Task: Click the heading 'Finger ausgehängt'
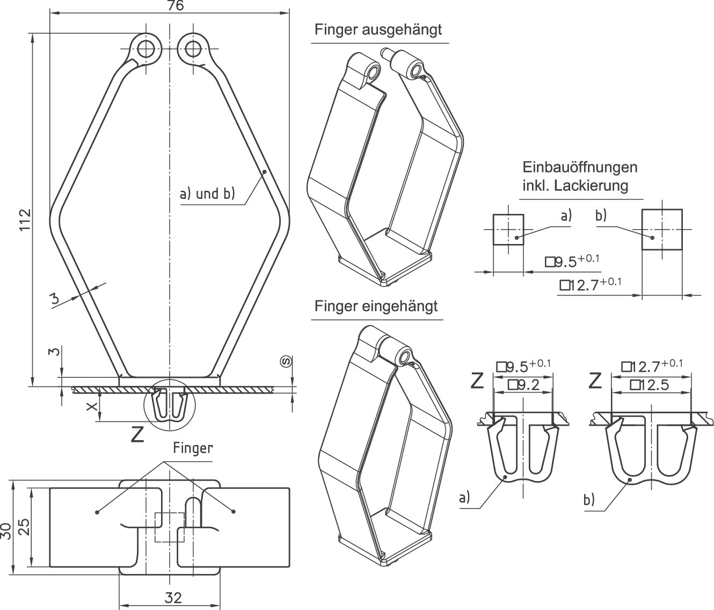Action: point(378,29)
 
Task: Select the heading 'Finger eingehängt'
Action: point(376,306)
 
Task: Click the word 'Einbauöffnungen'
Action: point(580,167)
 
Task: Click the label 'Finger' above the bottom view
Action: point(193,448)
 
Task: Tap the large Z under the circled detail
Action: point(138,434)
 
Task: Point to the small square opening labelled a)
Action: point(508,229)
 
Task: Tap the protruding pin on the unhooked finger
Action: point(385,52)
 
